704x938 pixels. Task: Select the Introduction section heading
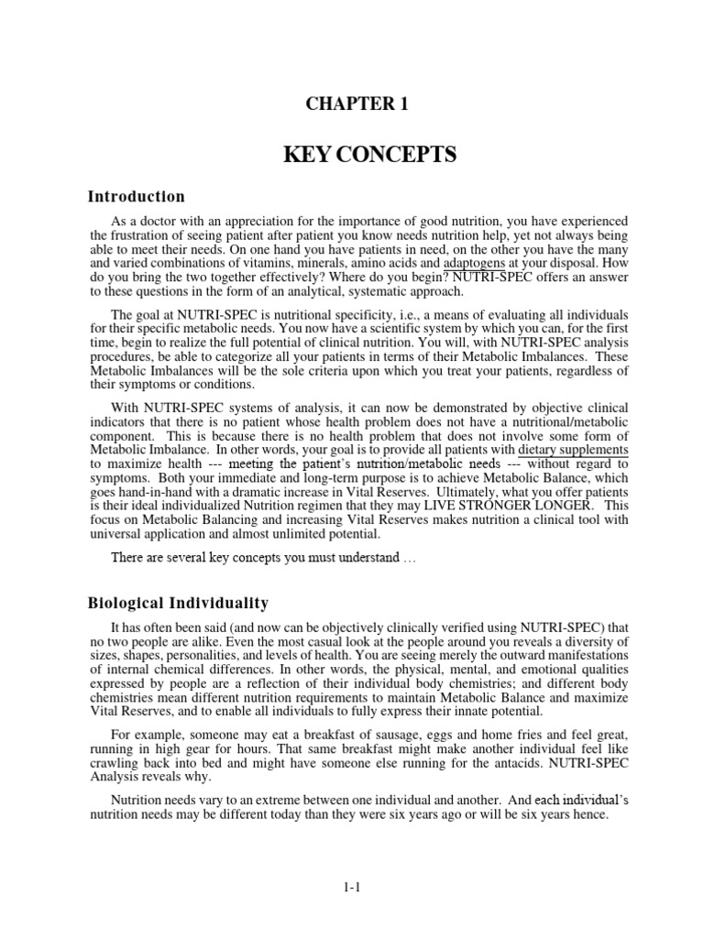pos(136,197)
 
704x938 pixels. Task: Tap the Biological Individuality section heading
pos(178,603)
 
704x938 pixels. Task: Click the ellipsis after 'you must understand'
pos(410,558)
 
